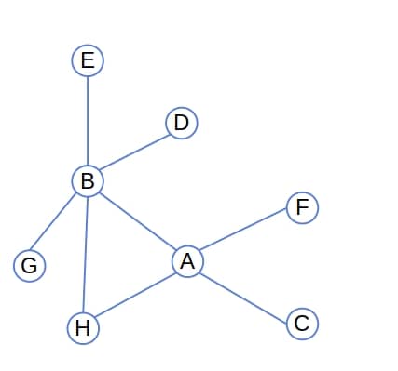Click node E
coord(88,61)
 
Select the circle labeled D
coord(181,123)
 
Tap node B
coord(88,180)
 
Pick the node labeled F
coord(302,207)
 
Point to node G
coord(29,266)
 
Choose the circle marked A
coord(187,261)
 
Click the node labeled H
coord(83,327)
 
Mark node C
coord(302,323)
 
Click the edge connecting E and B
coord(88,121)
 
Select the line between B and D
coord(134,152)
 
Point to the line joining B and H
coord(85,254)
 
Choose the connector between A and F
coord(244,234)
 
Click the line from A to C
coord(244,292)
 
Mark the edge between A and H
coord(135,294)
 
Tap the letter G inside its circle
coord(29,266)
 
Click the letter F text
coord(302,207)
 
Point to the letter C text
coord(302,323)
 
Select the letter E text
coord(88,61)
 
